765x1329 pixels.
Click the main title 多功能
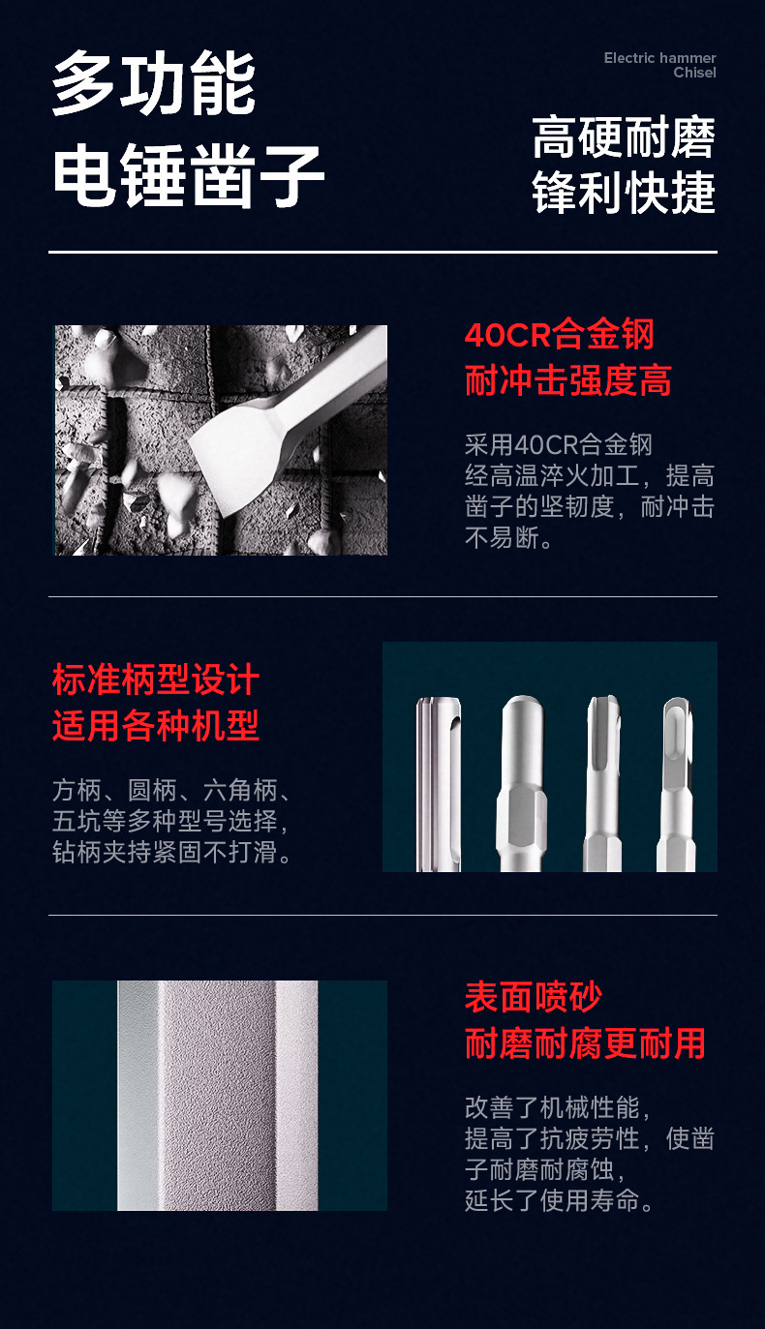(154, 85)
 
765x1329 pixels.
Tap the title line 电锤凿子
(188, 178)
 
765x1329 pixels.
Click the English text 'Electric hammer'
(659, 58)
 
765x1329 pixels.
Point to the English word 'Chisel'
(694, 73)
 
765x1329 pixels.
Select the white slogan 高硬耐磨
(624, 138)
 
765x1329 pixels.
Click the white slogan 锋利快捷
(624, 192)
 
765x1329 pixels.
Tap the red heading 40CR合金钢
(560, 336)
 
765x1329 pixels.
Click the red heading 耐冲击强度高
(567, 381)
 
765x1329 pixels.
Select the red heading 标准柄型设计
(156, 680)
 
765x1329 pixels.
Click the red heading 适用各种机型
(156, 725)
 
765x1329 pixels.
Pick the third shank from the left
(602, 784)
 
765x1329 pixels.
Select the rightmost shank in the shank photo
(677, 784)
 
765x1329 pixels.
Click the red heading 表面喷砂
(534, 997)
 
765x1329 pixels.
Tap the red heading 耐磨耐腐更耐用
(585, 1043)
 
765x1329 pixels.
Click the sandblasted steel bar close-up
(219, 1096)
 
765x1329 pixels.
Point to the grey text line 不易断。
(509, 538)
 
